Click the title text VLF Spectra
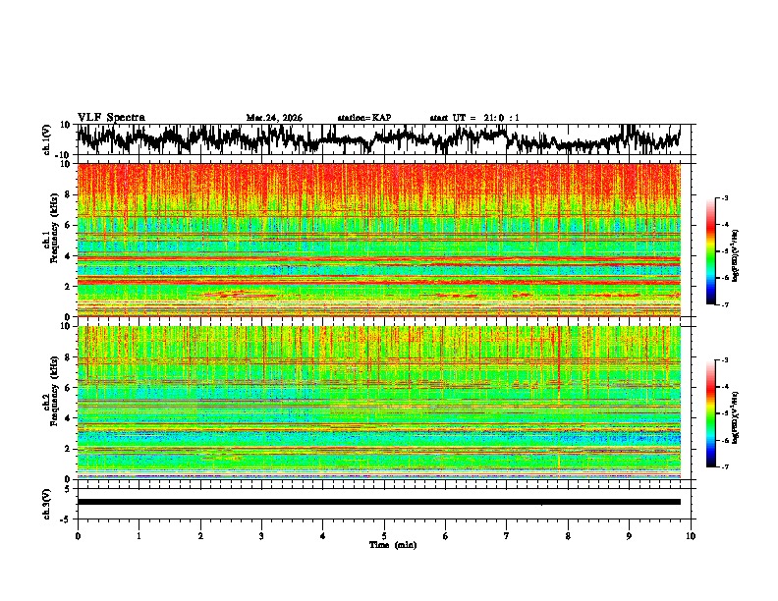pos(111,117)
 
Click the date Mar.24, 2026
pos(274,118)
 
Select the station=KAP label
pos(363,118)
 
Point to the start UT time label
pos(474,118)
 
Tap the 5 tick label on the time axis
pos(384,536)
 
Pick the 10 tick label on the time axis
pos(691,536)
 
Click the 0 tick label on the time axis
pos(78,536)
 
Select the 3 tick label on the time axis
pos(261,536)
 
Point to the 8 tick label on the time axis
pos(568,536)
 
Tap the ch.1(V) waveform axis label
pos(46,139)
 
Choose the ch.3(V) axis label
pos(46,502)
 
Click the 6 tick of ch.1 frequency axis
pos(70,225)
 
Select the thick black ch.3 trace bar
pos(378,502)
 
